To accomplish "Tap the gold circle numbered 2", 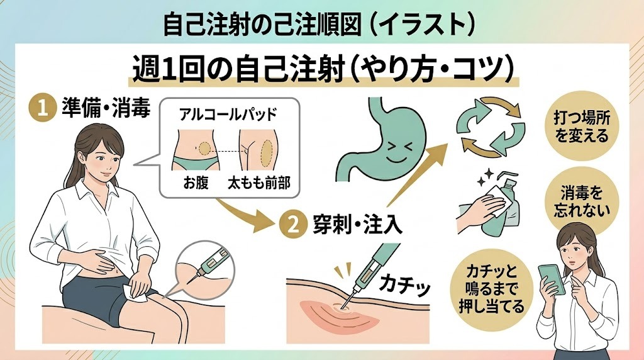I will point(291,226).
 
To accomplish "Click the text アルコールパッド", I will point(228,116).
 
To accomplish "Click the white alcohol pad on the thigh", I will point(137,290).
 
